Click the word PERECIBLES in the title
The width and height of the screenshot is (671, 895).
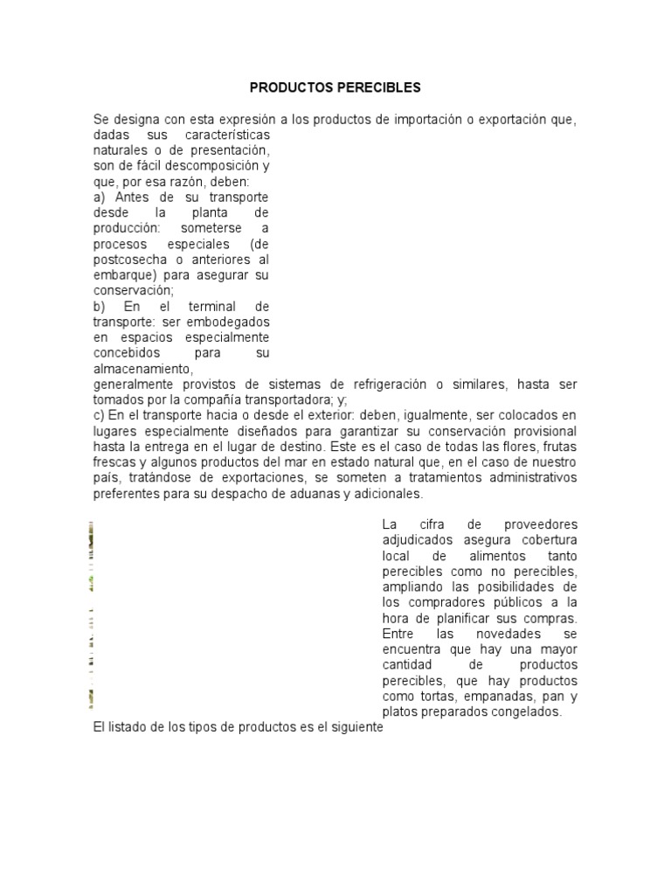pos(381,87)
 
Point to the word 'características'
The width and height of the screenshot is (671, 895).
pos(227,135)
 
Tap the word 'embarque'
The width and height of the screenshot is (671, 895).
pos(121,276)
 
